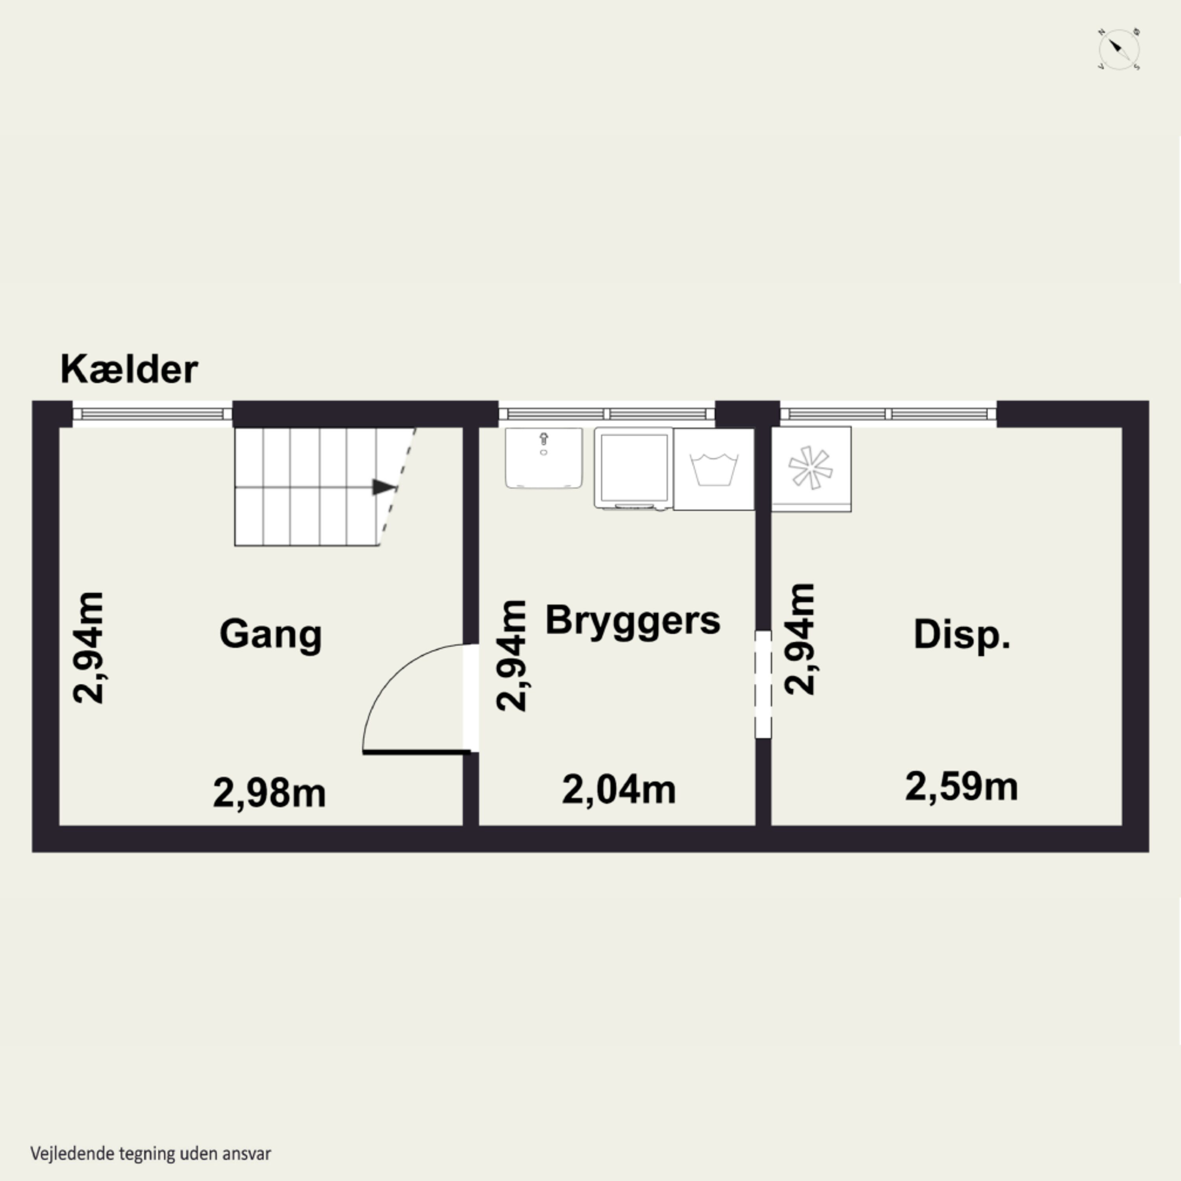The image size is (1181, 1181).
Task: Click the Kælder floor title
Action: pos(129,370)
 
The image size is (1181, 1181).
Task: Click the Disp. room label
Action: pos(962,635)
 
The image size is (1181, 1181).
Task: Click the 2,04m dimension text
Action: pos(618,790)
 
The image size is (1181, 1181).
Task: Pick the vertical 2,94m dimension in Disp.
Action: pos(800,639)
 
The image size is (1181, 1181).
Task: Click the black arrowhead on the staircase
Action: pos(384,487)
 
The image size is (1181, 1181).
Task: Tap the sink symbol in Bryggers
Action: pos(543,458)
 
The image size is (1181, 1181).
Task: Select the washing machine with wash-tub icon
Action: pos(713,469)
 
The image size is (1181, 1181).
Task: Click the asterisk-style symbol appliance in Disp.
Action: pos(811,469)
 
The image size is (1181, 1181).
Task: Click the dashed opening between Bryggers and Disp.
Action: pos(763,685)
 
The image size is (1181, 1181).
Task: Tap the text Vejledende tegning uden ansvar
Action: pos(150,1153)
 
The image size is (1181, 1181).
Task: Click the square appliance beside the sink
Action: pos(633,468)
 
